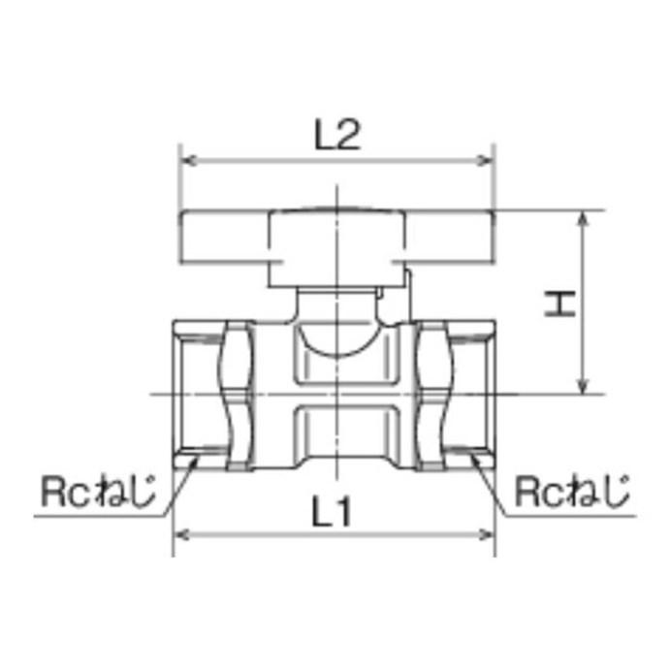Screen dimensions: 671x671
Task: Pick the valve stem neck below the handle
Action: click(335, 304)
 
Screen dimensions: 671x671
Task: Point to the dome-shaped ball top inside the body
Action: click(335, 344)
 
